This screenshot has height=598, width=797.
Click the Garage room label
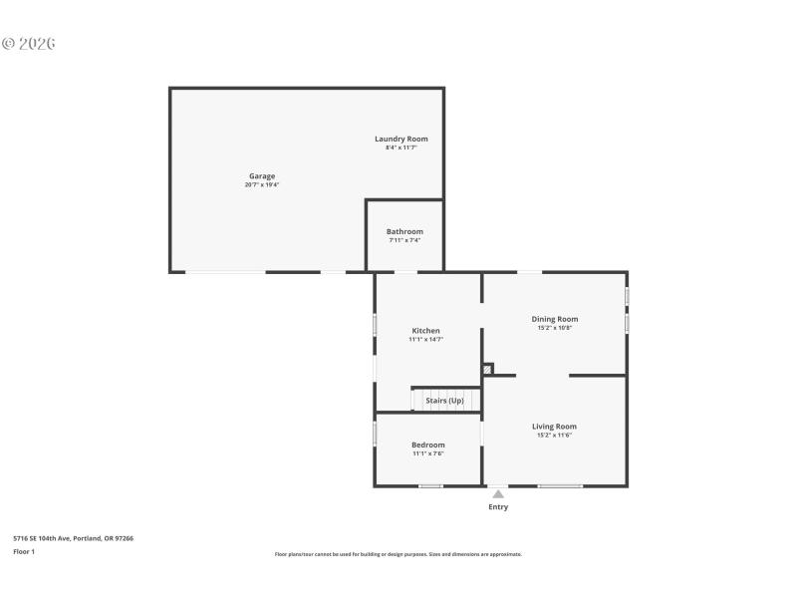pyautogui.click(x=262, y=176)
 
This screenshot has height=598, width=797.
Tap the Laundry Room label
pyautogui.click(x=401, y=139)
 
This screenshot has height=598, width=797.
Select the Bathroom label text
pyautogui.click(x=404, y=231)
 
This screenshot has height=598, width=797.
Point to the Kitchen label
pyautogui.click(x=425, y=331)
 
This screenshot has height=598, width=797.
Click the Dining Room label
pyautogui.click(x=554, y=319)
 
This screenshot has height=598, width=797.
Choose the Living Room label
pyautogui.click(x=554, y=427)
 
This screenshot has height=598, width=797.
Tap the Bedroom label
pyautogui.click(x=428, y=445)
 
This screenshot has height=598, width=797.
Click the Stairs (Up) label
pyautogui.click(x=444, y=401)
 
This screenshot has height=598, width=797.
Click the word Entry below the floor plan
pyautogui.click(x=498, y=507)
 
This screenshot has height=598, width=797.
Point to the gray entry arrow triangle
pyautogui.click(x=498, y=493)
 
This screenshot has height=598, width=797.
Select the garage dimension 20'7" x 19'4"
pyautogui.click(x=262, y=185)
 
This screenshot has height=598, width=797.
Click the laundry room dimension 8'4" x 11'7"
pyautogui.click(x=401, y=148)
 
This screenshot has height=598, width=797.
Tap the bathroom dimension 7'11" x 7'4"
pyautogui.click(x=404, y=240)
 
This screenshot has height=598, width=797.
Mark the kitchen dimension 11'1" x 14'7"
pyautogui.click(x=425, y=340)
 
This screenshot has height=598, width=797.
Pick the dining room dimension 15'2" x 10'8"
pyautogui.click(x=554, y=328)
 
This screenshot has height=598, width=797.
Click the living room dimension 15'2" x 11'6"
pyautogui.click(x=554, y=436)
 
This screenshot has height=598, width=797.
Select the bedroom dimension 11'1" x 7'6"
pyautogui.click(x=428, y=453)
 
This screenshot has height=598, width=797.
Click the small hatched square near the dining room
pyautogui.click(x=487, y=369)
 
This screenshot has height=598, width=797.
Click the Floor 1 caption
pyautogui.click(x=24, y=551)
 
